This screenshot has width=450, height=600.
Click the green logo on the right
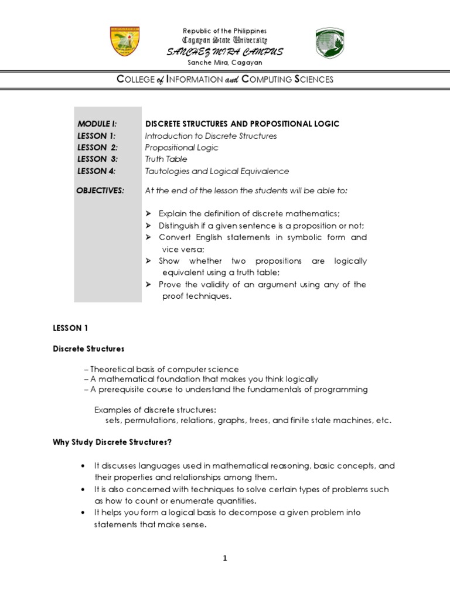point(330,43)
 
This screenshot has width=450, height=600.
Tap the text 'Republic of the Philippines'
point(225,30)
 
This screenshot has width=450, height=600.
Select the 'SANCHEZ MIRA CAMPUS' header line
point(225,52)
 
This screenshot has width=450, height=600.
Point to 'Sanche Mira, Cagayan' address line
point(225,63)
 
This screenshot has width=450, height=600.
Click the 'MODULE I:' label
point(97,124)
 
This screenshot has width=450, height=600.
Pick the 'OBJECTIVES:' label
point(101,190)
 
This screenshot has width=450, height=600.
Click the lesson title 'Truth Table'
point(166,159)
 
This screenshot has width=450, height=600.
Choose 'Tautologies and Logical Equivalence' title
point(217,171)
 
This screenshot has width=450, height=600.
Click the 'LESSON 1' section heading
point(70,328)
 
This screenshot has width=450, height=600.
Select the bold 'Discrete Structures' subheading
point(88,349)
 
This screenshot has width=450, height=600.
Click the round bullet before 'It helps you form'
point(82,513)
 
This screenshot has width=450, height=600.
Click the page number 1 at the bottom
point(224,558)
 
